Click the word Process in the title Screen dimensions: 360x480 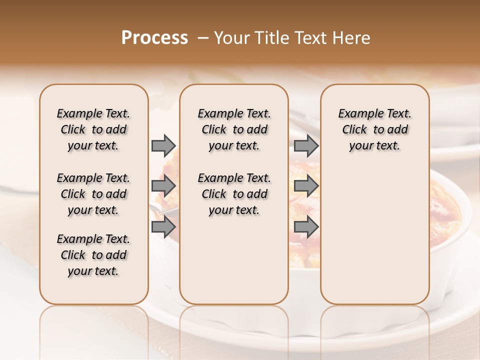point(154,38)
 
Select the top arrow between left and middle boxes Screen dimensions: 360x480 point(163,145)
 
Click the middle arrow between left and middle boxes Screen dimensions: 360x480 point(163,186)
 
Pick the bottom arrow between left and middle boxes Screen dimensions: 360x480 point(163,227)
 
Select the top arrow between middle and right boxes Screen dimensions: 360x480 point(306,145)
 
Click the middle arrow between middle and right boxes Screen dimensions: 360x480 point(306,186)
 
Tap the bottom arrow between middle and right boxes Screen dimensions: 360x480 point(306,227)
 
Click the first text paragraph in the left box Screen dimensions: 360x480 point(93,129)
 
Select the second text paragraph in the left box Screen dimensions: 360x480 point(93,194)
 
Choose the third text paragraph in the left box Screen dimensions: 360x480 point(93,255)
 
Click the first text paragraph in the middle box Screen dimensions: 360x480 point(234,129)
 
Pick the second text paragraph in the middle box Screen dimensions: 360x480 point(234,194)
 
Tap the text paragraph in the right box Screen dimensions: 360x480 point(375,129)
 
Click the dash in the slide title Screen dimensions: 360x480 point(203,38)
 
